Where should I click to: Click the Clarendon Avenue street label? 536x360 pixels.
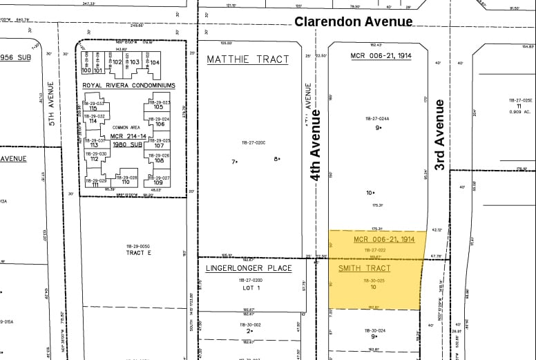point(353,21)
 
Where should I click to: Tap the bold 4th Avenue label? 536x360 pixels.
point(316,145)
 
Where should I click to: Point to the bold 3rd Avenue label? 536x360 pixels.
point(439,134)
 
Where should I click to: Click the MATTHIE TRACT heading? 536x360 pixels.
point(248,59)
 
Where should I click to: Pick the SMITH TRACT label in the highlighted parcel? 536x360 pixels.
point(364,268)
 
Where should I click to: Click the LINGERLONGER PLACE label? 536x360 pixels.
point(249,268)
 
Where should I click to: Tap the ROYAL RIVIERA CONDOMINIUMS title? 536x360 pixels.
point(128,86)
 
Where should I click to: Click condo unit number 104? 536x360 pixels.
point(155,62)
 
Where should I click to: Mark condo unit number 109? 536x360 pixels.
point(158,183)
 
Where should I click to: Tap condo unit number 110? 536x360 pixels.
point(125,182)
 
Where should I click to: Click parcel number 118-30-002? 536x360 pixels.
point(250,323)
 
